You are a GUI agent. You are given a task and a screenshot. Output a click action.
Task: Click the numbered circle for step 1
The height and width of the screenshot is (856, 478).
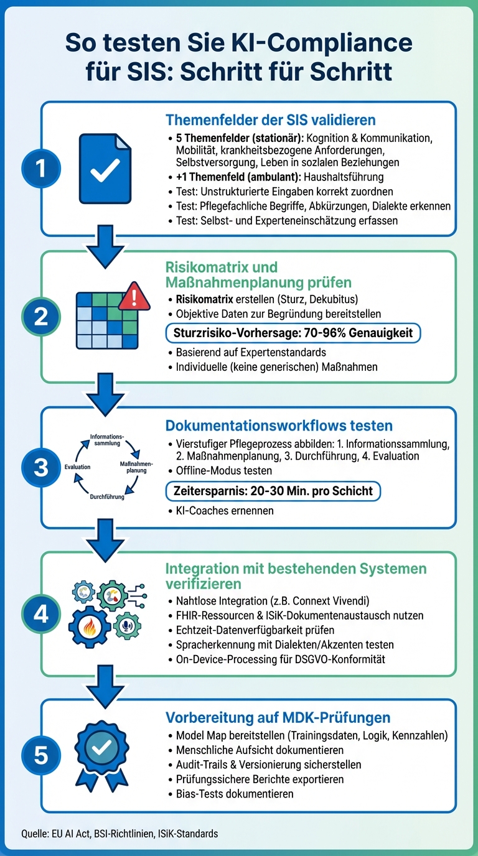(x=41, y=169)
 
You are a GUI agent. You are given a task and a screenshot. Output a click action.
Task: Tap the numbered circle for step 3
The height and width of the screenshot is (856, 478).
(x=41, y=467)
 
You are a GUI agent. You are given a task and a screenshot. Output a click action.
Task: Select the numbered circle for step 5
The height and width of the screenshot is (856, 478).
(x=41, y=755)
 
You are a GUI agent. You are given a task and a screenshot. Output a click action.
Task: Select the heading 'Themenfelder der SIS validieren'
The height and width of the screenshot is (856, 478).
(x=270, y=119)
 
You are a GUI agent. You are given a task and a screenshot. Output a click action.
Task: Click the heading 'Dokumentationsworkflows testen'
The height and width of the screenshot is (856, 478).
(x=278, y=426)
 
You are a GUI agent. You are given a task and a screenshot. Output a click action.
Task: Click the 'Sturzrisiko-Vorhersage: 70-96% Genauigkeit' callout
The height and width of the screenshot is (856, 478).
(x=293, y=333)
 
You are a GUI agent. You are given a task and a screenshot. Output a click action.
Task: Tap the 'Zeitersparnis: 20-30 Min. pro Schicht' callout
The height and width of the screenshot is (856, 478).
(x=273, y=491)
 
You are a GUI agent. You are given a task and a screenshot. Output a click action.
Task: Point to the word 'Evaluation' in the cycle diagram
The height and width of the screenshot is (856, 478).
(x=77, y=467)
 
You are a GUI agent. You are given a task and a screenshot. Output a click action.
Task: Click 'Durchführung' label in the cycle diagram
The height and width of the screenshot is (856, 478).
(x=107, y=497)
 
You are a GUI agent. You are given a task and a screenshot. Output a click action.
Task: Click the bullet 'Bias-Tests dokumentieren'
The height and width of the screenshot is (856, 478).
(x=235, y=794)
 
